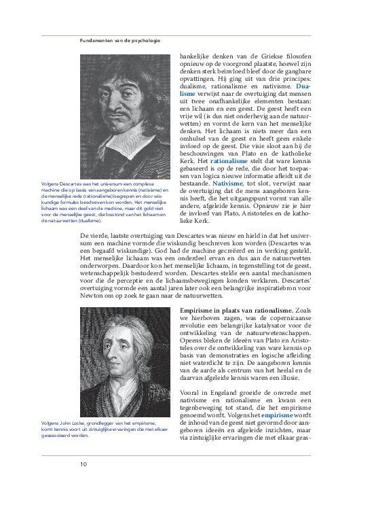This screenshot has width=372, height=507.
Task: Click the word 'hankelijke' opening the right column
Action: point(198,58)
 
